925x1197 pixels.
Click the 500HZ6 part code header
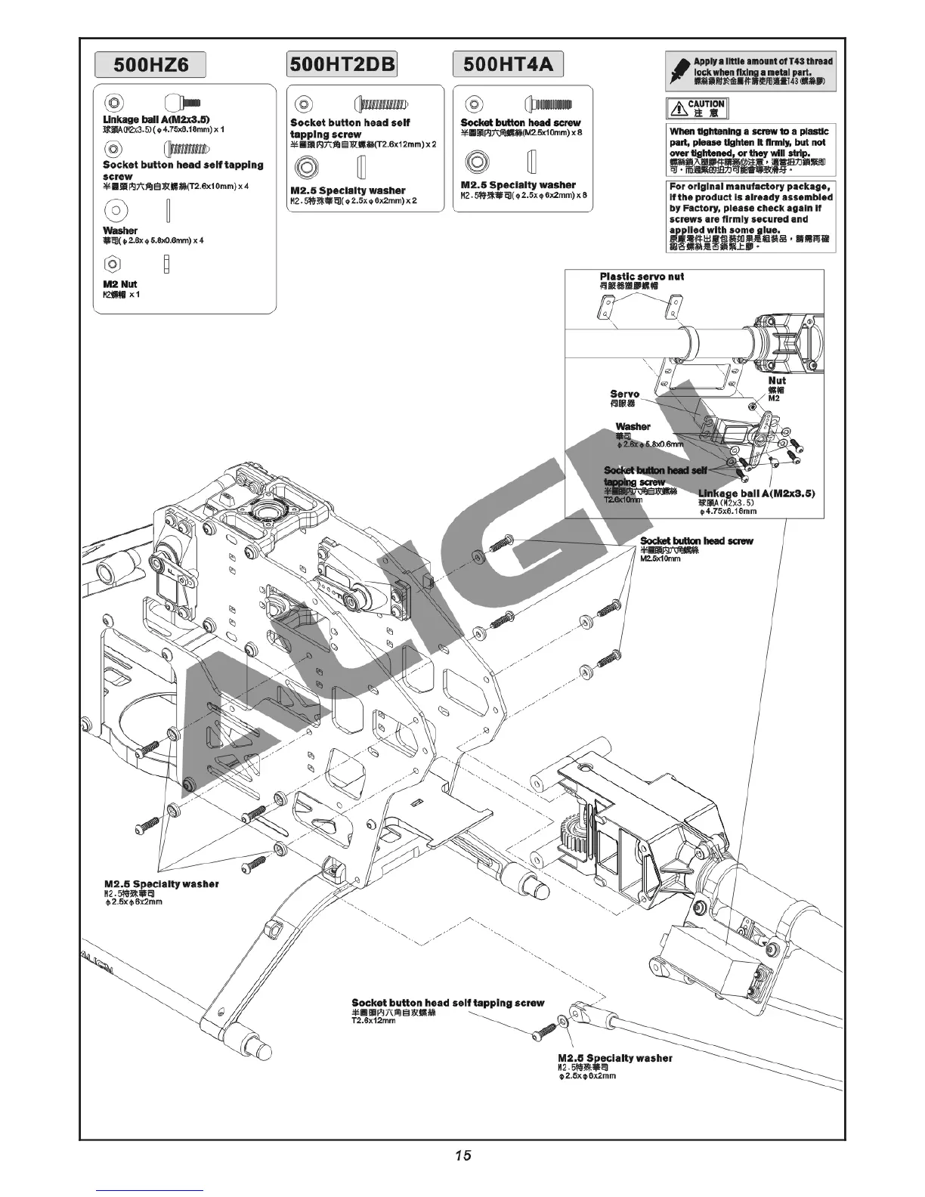[150, 64]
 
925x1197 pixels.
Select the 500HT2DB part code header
[342, 63]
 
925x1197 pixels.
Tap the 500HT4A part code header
[508, 63]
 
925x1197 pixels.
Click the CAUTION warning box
[697, 108]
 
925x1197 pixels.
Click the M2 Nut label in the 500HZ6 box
[120, 284]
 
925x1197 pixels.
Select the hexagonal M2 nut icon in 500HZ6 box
[112, 264]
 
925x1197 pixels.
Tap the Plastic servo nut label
[642, 277]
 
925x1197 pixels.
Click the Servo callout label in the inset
[624, 394]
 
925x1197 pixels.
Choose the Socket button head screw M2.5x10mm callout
[696, 541]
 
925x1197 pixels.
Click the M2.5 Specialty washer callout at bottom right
[614, 1058]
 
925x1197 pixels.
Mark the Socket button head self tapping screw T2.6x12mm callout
[447, 1003]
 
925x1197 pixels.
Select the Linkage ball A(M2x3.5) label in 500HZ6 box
[156, 119]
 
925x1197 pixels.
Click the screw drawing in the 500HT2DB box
[381, 103]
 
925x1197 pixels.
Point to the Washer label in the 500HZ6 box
[120, 230]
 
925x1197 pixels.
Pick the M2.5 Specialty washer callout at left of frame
[161, 883]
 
